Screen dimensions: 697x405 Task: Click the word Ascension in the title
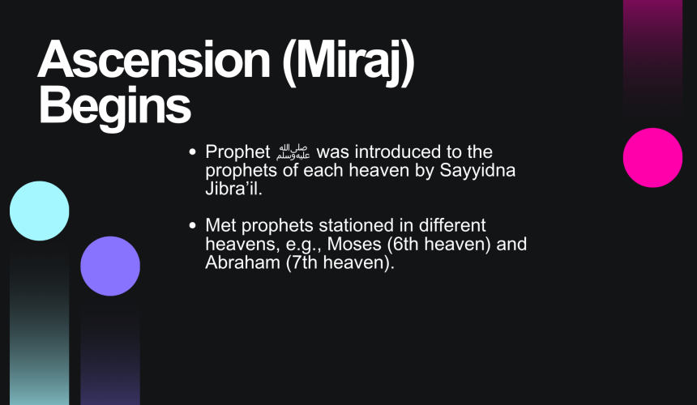click(x=154, y=59)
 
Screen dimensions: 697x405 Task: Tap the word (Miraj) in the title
click(x=348, y=63)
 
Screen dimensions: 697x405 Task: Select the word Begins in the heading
click(x=115, y=108)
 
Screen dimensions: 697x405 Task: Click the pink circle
click(x=652, y=158)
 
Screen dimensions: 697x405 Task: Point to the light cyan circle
click(x=40, y=211)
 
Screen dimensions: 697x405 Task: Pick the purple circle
click(x=110, y=266)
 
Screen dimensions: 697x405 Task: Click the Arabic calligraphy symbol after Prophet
click(x=293, y=152)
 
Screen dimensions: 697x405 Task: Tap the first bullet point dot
click(x=192, y=152)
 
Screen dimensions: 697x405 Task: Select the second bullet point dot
click(x=192, y=226)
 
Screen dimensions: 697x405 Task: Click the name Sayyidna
click(x=477, y=171)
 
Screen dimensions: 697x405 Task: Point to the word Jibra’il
click(x=233, y=189)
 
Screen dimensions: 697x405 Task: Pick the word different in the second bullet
click(x=452, y=226)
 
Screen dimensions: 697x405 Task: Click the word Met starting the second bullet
click(x=221, y=226)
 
